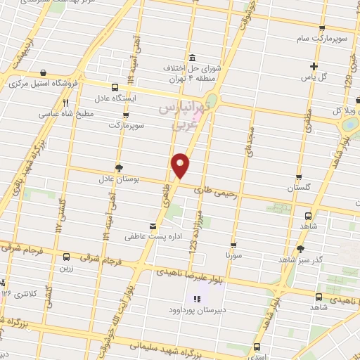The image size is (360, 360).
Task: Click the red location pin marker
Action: tap(181, 165)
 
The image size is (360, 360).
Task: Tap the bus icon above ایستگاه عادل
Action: tap(115, 88)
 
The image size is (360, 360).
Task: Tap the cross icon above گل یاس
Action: tap(314, 67)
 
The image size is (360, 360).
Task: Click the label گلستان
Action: tap(300, 188)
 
